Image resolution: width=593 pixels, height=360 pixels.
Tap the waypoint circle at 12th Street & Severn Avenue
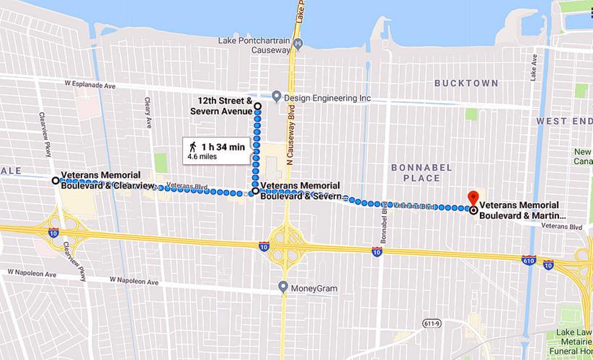click(x=257, y=105)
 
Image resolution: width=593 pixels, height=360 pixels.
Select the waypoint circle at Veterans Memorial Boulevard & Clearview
click(x=55, y=180)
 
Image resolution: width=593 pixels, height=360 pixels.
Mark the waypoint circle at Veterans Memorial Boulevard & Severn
click(x=255, y=192)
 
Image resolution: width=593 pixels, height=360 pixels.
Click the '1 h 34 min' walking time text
click(x=222, y=147)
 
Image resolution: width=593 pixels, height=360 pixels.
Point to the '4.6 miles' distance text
click(x=202, y=156)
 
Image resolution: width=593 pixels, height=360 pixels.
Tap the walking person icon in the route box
click(x=193, y=147)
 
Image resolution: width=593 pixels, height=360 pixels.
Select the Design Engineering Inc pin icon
click(x=277, y=96)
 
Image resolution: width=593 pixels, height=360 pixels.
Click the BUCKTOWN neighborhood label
click(x=466, y=84)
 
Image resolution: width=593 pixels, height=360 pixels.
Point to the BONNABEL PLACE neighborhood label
click(x=421, y=173)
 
